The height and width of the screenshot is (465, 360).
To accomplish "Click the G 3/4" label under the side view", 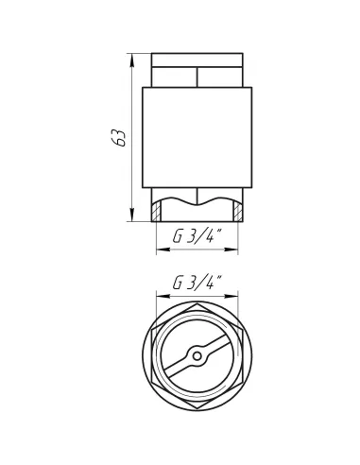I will pos(197,238).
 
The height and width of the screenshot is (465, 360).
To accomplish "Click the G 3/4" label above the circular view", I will pos(197,283).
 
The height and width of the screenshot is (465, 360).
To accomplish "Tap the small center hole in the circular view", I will pos(197,356).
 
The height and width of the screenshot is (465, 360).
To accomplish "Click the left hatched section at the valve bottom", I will pos(156,207).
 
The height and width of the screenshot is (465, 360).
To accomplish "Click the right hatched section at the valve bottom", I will pos(237,207).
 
